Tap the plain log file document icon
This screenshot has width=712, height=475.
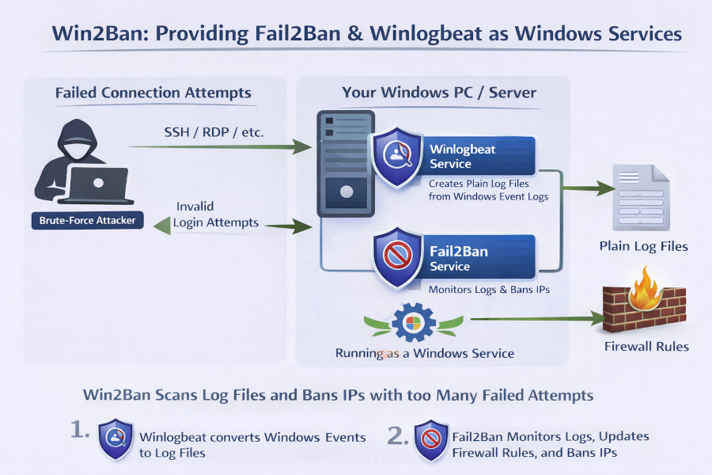(x=642, y=197)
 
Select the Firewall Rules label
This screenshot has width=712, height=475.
(x=646, y=346)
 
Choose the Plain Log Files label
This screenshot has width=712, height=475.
(x=643, y=246)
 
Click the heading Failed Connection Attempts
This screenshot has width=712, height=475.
(x=153, y=93)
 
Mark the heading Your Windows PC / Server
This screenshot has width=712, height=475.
(x=439, y=93)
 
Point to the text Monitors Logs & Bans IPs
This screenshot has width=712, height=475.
(x=489, y=290)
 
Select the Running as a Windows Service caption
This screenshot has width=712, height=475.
(x=424, y=353)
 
